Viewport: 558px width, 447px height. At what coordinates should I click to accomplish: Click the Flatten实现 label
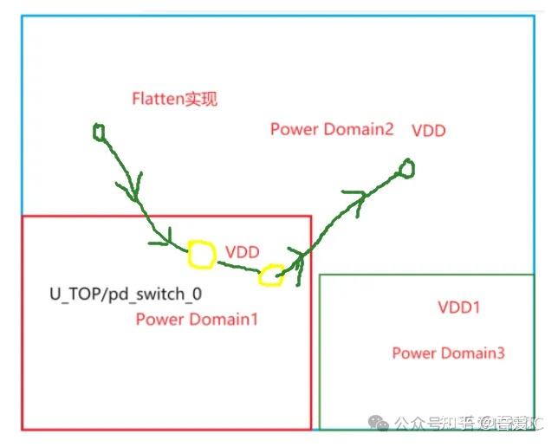pyautogui.click(x=174, y=99)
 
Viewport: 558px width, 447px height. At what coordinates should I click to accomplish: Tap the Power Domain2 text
pyautogui.click(x=332, y=129)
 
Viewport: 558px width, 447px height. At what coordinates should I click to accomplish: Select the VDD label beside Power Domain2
pyautogui.click(x=429, y=131)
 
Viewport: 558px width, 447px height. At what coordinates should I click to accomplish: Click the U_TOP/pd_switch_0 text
pyautogui.click(x=126, y=294)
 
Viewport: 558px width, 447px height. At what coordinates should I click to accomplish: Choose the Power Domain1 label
pyautogui.click(x=197, y=319)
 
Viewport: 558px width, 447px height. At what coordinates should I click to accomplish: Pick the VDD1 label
pyautogui.click(x=459, y=308)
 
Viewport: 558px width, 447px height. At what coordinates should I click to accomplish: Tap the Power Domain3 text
pyautogui.click(x=448, y=353)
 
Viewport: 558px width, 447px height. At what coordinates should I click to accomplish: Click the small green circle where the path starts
pyautogui.click(x=99, y=131)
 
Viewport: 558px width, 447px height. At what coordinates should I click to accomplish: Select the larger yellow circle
pyautogui.click(x=201, y=255)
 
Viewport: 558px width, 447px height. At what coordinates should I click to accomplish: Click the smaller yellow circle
pyautogui.click(x=270, y=275)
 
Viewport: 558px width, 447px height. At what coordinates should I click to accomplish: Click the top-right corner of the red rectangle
pyautogui.click(x=309, y=217)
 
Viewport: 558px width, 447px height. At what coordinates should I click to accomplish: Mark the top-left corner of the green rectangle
pyautogui.click(x=321, y=275)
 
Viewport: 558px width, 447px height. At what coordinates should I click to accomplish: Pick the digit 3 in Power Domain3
pyautogui.click(x=500, y=353)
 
